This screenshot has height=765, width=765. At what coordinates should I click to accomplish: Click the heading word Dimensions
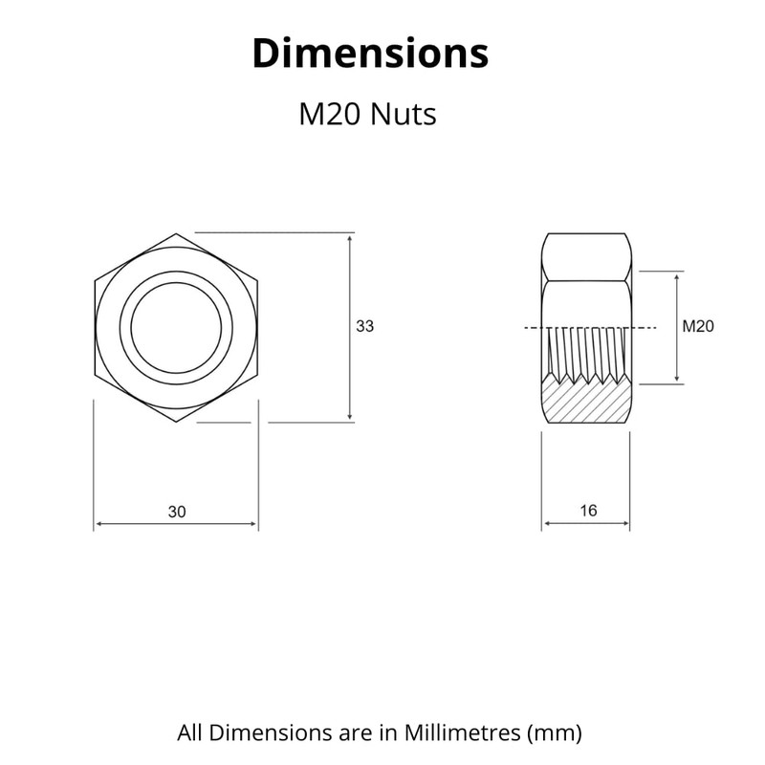point(369,54)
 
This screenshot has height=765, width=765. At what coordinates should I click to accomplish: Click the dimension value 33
point(364,326)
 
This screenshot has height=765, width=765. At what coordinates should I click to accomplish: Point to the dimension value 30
point(177,512)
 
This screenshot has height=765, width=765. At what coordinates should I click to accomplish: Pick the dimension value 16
point(588,511)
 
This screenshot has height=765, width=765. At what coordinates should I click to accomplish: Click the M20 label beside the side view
point(698,326)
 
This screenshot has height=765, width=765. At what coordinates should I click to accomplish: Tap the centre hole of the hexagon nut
point(176,327)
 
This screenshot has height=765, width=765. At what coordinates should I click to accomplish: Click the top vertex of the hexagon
point(176,232)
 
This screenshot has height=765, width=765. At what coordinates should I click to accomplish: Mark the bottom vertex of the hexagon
point(176,422)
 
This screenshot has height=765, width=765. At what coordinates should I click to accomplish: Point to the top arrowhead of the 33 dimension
point(351,237)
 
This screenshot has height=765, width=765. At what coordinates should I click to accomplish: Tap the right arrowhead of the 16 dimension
point(625,524)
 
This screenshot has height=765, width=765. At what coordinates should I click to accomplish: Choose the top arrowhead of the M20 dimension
point(677,276)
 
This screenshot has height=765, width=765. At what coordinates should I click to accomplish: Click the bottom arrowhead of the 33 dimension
point(351,416)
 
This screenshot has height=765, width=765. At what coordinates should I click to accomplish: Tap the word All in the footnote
point(189,733)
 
